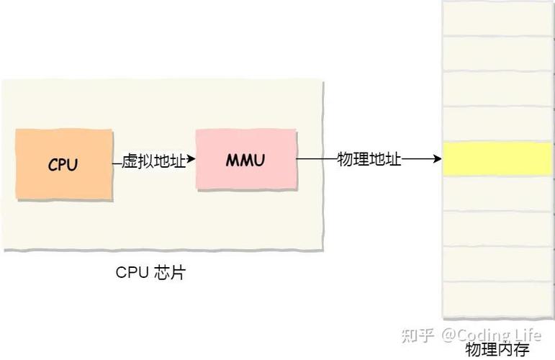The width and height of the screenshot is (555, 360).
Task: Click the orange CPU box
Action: click(64, 165)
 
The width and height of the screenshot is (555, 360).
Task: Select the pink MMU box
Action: click(245, 159)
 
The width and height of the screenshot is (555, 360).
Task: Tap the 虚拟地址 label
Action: click(153, 161)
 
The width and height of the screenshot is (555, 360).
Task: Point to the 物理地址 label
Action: click(369, 159)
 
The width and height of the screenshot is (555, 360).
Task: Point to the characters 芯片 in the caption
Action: click(169, 273)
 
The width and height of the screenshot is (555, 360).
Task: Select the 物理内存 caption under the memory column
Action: click(497, 350)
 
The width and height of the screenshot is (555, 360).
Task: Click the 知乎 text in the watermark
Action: click(418, 335)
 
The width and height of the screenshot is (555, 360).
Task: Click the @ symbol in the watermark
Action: click(448, 335)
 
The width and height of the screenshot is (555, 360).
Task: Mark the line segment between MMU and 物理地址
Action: click(315, 159)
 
